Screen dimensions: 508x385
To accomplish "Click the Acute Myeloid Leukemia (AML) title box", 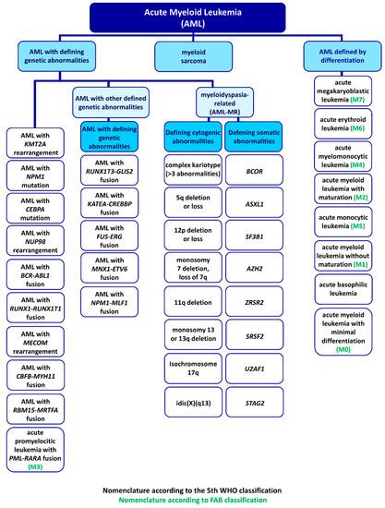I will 192,17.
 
